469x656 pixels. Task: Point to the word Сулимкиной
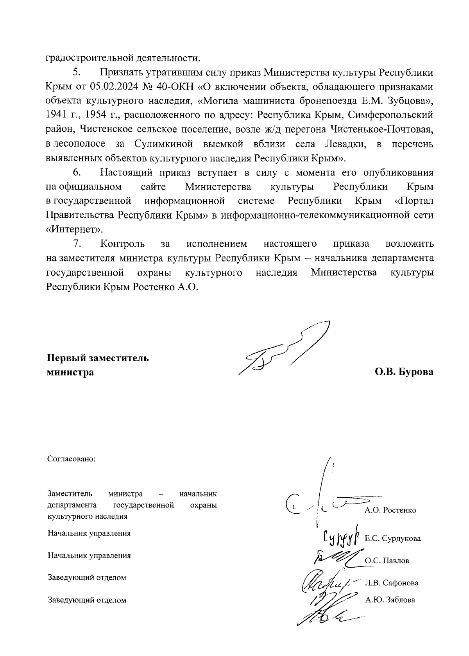point(164,144)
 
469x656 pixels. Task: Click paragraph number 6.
point(77,173)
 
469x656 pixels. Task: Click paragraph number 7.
point(77,244)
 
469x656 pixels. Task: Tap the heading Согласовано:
point(72,459)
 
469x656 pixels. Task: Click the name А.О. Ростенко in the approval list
point(390,511)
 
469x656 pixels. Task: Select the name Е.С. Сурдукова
point(392,538)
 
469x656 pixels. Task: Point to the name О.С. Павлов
point(387,561)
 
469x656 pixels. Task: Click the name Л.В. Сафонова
point(391,583)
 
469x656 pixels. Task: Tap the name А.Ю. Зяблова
point(390,600)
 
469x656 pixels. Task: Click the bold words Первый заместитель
point(98,358)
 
